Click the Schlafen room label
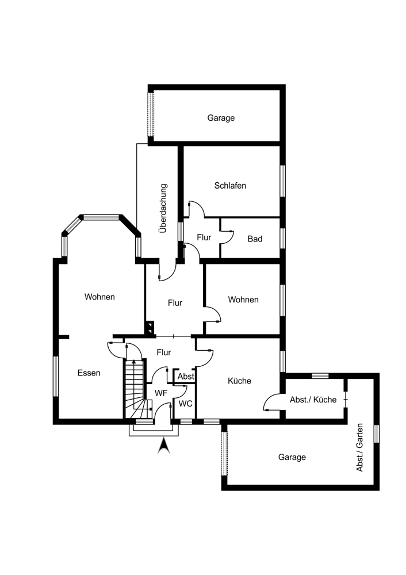pyautogui.click(x=230, y=186)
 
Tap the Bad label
pyautogui.click(x=255, y=239)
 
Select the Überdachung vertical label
pyautogui.click(x=163, y=208)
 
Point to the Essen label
pyautogui.click(x=89, y=373)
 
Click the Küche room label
pyautogui.click(x=239, y=381)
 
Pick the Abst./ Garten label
pyautogui.click(x=360, y=448)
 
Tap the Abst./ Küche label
pyautogui.click(x=313, y=400)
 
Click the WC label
pyautogui.click(x=185, y=404)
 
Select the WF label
pyautogui.click(x=161, y=393)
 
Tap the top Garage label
pyautogui.click(x=221, y=118)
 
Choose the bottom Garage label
pyautogui.click(x=292, y=457)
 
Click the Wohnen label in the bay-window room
pyautogui.click(x=99, y=297)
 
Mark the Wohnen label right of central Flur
pyautogui.click(x=243, y=300)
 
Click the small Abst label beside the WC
pyautogui.click(x=186, y=376)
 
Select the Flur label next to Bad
pyautogui.click(x=204, y=237)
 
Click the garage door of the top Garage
pyautogui.click(x=151, y=114)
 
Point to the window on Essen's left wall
pyautogui.click(x=56, y=376)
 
